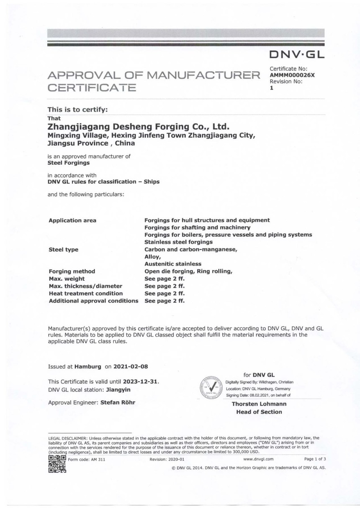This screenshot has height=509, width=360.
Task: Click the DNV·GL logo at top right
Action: click(297, 54)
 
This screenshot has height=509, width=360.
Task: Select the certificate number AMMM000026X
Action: click(292, 75)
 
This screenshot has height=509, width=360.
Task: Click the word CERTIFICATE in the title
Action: click(92, 88)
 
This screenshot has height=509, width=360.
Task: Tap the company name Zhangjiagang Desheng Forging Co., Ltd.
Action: click(139, 126)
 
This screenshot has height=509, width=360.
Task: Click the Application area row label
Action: click(72, 220)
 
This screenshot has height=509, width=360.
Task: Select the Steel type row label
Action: click(63, 250)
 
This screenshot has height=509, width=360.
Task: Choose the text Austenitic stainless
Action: click(173, 264)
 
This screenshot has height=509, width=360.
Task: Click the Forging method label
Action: click(72, 271)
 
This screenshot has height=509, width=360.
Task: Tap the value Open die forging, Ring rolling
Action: click(188, 271)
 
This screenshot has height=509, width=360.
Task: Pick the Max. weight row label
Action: click(67, 279)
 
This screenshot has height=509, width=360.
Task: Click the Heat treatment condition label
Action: click(86, 294)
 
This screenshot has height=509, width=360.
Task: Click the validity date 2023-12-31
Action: click(141, 381)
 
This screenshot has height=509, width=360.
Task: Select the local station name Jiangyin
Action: click(119, 390)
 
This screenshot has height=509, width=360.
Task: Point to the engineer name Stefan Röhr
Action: click(118, 402)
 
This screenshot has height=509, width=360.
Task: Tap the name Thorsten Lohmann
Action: click(259, 404)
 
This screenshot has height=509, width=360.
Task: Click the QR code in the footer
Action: click(57, 464)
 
